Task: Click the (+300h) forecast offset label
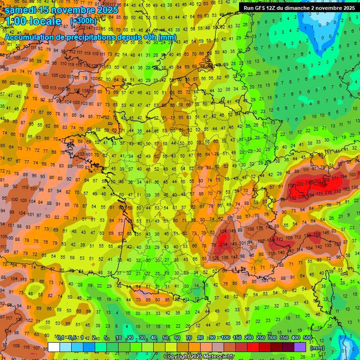pyautogui.click(x=83, y=21)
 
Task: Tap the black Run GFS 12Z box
pyautogui.click(x=299, y=8)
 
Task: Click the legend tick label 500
pyautogui.click(x=307, y=338)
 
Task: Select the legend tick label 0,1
pyautogui.click(x=60, y=338)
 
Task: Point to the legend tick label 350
pyautogui.click(x=284, y=338)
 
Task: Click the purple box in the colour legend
pyautogui.click(x=300, y=347)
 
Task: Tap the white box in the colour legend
pyautogui.click(x=54, y=347)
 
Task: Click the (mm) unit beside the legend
pyautogui.click(x=318, y=347)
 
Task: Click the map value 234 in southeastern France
pyautogui.click(x=224, y=244)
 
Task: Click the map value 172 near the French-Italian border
pyautogui.click(x=280, y=240)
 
